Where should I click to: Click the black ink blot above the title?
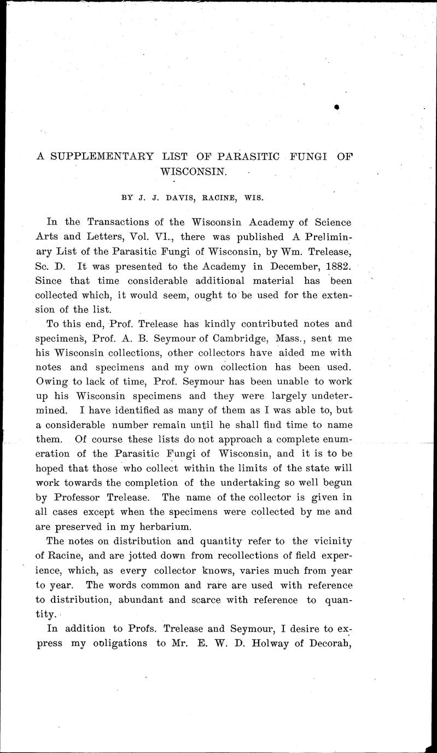(337, 108)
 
